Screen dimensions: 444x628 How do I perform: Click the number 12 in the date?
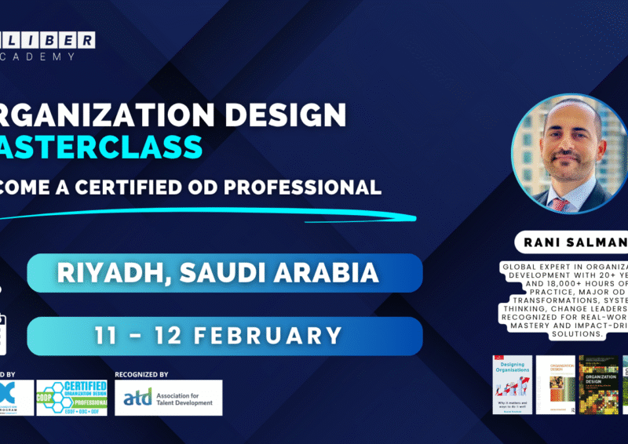tap(160, 335)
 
